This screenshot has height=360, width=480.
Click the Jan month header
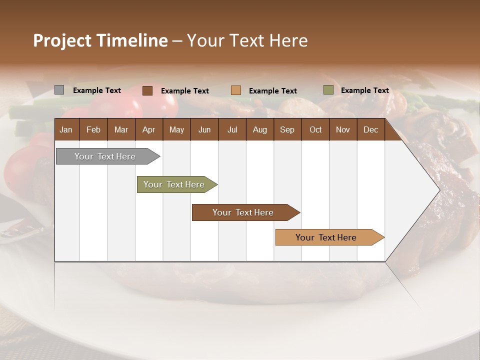[66, 129]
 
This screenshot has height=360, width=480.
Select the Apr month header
[148, 129]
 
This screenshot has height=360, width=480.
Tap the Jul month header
[232, 129]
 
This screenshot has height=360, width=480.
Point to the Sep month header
[287, 129]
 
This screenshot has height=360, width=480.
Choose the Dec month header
[370, 129]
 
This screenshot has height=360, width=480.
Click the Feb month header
[93, 129]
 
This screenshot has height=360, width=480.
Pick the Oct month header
[315, 129]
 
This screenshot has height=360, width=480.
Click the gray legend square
[59, 90]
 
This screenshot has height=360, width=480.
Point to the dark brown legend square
[147, 90]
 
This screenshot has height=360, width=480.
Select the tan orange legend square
[236, 90]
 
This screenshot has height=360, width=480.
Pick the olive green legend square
[328, 90]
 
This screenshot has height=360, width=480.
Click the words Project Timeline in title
[100, 40]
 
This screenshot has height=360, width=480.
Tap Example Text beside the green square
[365, 90]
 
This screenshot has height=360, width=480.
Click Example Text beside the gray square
[97, 90]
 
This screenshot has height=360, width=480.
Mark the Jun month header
[204, 129]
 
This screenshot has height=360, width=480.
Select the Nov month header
[343, 129]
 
